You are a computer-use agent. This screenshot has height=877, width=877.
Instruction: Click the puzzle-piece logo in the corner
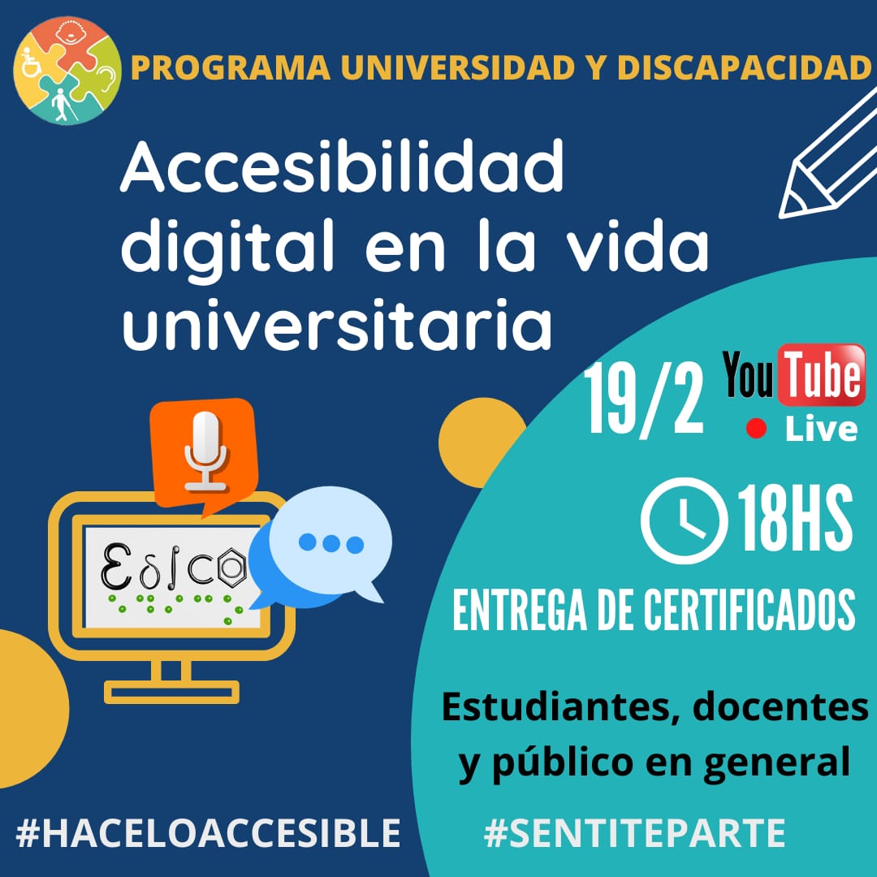(67, 70)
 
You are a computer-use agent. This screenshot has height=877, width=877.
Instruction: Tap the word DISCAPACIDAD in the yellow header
(744, 67)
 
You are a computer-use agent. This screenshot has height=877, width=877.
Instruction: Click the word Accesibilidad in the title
(342, 166)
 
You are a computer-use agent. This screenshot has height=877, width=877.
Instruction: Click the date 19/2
(644, 398)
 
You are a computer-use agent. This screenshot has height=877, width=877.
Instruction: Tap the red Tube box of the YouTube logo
(821, 374)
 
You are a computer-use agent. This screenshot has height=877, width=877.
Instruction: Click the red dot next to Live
(756, 429)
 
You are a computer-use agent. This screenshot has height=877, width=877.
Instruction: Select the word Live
(821, 430)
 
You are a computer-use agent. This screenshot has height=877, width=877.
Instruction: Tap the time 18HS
(795, 518)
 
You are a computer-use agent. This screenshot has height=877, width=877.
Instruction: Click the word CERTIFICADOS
(749, 610)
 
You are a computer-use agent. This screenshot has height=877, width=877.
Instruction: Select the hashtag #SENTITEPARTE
(635, 833)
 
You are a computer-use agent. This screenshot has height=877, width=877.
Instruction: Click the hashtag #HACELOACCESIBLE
(208, 833)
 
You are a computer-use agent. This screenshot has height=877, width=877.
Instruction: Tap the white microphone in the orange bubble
(205, 451)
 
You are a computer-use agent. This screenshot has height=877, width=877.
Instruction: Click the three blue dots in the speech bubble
(331, 543)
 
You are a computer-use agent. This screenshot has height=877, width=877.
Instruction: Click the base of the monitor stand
(171, 692)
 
